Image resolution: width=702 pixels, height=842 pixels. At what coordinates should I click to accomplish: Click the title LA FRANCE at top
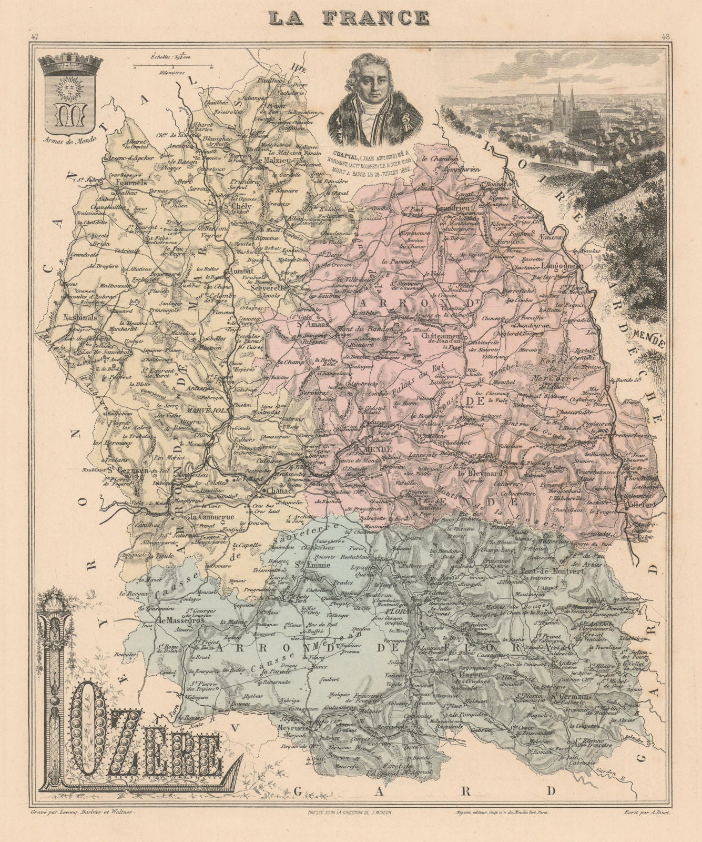click(348, 17)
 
